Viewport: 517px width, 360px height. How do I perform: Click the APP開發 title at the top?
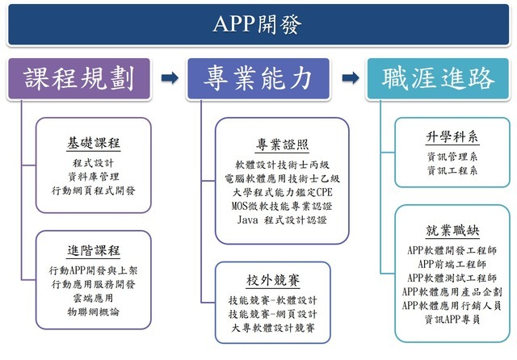258,23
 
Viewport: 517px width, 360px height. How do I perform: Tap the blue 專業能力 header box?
259,78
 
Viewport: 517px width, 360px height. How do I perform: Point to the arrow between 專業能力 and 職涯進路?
350,78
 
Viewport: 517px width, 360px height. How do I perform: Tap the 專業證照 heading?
282,144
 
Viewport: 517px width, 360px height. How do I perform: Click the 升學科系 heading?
452,136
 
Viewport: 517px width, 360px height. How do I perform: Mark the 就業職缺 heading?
452,231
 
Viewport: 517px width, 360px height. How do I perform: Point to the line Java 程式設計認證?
282,220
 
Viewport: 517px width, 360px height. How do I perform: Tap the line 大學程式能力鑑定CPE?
282,192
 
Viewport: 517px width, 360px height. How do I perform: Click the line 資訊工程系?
452,170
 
